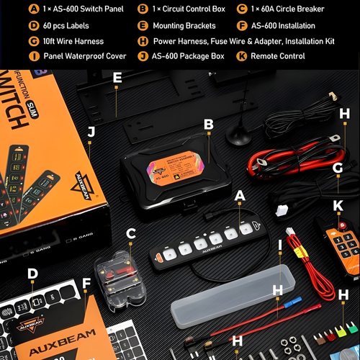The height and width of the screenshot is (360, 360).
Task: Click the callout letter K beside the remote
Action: pyautogui.click(x=338, y=205)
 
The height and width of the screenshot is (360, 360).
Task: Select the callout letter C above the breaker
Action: pyautogui.click(x=130, y=234)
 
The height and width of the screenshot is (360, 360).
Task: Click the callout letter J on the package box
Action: pyautogui.click(x=91, y=132)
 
